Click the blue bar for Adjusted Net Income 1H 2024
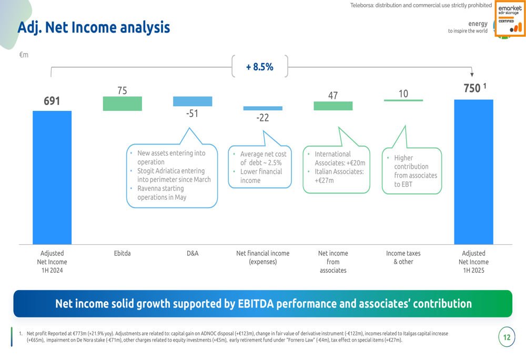pos(52,177)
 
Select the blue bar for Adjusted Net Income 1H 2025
pos(473,172)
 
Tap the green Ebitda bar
pos(122,104)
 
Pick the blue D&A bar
pos(193,101)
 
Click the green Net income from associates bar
pos(333,106)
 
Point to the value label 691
pos(52,101)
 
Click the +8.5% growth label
pos(260,67)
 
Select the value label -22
pos(262,118)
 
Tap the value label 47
pos(333,95)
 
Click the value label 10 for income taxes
pos(403,94)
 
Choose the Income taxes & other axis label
pos(403,258)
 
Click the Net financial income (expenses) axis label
pos(262,258)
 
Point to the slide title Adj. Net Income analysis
pos(94,27)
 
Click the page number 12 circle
pos(507,337)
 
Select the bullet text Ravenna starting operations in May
pos(160,193)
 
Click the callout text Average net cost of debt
pos(263,158)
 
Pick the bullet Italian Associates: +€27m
pos(339,176)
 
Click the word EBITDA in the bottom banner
pos(256,304)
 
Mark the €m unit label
pos(24,55)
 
